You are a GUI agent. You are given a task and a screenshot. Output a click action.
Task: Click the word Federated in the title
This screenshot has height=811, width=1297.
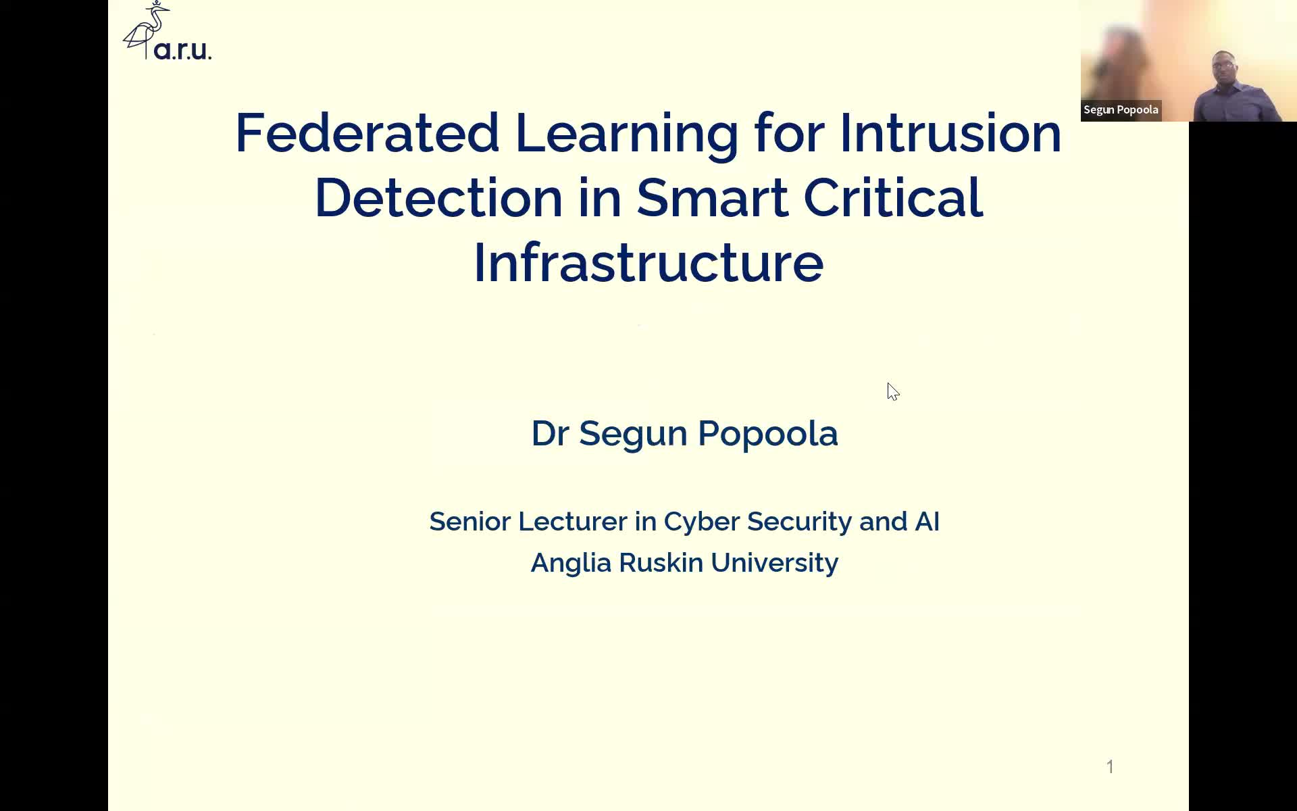point(367,132)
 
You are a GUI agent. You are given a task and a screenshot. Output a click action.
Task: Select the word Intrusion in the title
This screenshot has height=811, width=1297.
point(950,132)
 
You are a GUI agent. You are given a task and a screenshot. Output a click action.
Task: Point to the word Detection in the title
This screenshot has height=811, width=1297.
point(438,197)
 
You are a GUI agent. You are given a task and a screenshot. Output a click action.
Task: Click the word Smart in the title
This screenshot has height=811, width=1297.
point(712,197)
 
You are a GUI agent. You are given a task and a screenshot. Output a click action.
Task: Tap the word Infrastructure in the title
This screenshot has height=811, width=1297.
point(648,262)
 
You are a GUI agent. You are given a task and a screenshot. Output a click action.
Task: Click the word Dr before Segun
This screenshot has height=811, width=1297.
point(550,433)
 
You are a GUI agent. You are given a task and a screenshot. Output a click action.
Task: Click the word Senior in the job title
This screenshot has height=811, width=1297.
point(469,522)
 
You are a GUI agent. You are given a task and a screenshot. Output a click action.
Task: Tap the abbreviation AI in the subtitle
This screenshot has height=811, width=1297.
point(927,522)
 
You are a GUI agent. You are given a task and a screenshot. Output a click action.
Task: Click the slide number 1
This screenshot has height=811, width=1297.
point(1110,766)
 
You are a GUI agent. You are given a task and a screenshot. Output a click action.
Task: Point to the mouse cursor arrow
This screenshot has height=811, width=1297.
point(893,391)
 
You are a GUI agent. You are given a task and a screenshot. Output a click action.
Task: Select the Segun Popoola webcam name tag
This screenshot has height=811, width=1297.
point(1121,110)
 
